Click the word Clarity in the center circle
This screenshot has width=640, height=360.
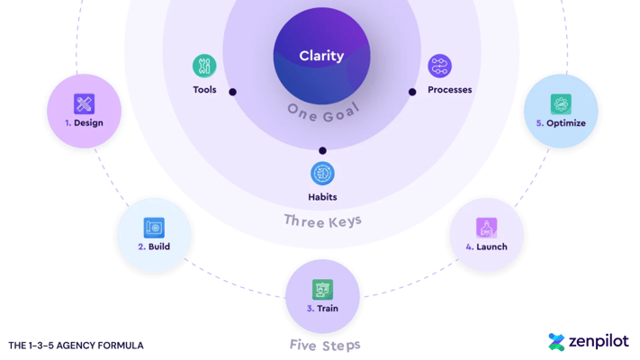coord(321,56)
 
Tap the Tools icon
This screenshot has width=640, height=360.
coord(204,66)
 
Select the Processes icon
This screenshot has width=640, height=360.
coord(439,66)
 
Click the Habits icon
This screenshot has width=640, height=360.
coord(322,174)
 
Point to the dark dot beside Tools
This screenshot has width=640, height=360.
coord(232,92)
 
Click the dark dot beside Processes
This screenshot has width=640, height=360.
coord(412,92)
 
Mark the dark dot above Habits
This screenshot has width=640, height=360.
coord(322,151)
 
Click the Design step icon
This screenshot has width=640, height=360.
coord(84,103)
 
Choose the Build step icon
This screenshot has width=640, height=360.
coord(154,228)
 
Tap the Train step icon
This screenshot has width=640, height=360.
coord(322,289)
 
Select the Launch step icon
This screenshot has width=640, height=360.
coord(487,228)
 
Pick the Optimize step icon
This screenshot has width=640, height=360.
coord(561,103)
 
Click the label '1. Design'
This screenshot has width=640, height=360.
coord(84,123)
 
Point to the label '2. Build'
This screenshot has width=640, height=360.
coord(154,247)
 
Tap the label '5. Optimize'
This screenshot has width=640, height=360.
coord(561,123)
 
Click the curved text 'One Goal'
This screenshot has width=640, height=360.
coord(322,111)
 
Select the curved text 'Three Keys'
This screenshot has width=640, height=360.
coord(322,220)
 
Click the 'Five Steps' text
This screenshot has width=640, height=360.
coord(325,345)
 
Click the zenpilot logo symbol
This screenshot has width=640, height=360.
coord(556,342)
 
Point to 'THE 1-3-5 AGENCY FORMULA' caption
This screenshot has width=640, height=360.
coord(76,346)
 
